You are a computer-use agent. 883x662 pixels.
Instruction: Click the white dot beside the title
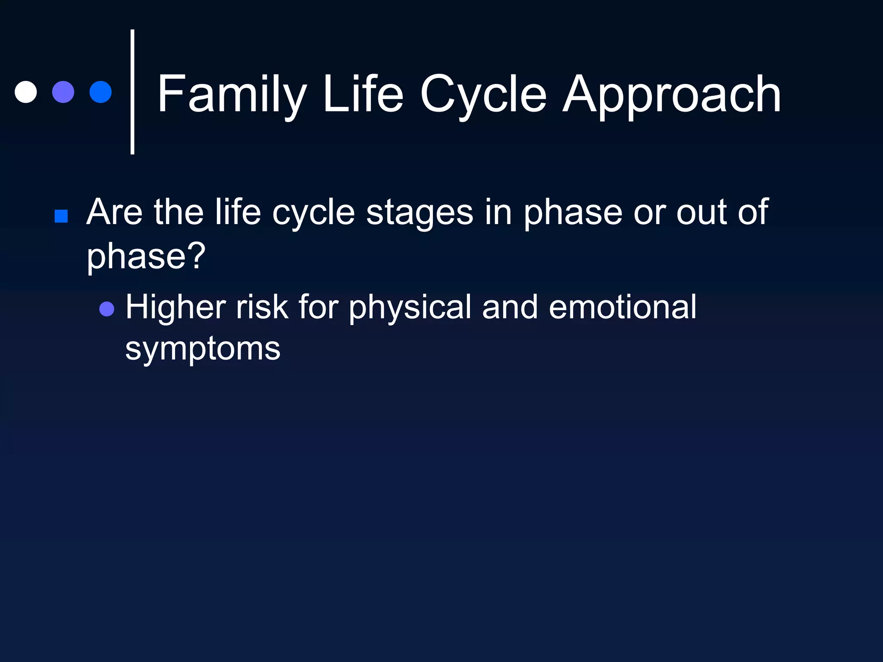click(26, 92)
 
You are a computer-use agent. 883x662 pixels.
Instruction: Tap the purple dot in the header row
click(63, 92)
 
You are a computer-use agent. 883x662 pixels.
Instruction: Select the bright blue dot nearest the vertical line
click(100, 92)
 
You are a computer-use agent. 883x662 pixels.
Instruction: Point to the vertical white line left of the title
click(132, 92)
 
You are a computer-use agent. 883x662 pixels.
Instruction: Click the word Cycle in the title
click(483, 94)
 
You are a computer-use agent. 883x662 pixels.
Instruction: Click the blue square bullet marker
click(61, 216)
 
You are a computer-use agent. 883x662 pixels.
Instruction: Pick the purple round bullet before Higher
click(106, 309)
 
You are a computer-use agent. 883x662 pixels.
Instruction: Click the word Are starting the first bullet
click(114, 212)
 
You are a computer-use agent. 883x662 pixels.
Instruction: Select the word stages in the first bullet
click(420, 212)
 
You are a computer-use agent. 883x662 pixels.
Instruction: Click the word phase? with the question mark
click(146, 256)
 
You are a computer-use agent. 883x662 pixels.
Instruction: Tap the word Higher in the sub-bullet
click(175, 307)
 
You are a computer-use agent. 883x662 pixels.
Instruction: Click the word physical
click(410, 307)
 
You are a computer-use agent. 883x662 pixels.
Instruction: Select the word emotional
click(623, 307)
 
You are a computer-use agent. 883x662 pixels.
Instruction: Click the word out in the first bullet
click(701, 212)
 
